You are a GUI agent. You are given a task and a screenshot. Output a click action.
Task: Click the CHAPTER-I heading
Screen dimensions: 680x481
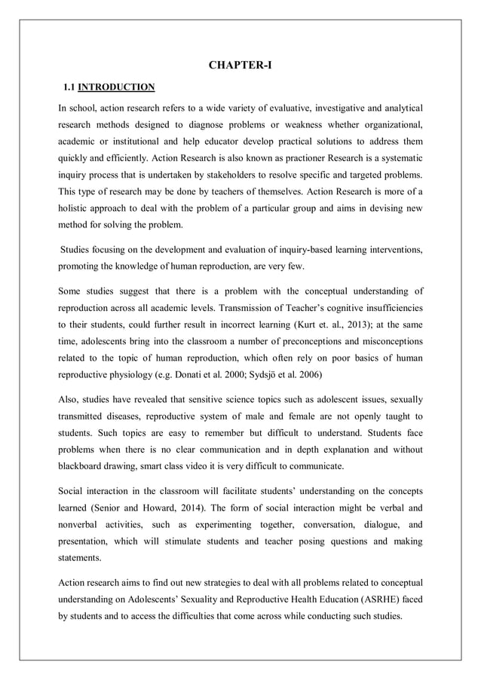click(240, 66)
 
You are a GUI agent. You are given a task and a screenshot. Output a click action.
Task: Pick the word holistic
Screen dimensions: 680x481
click(77, 209)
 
